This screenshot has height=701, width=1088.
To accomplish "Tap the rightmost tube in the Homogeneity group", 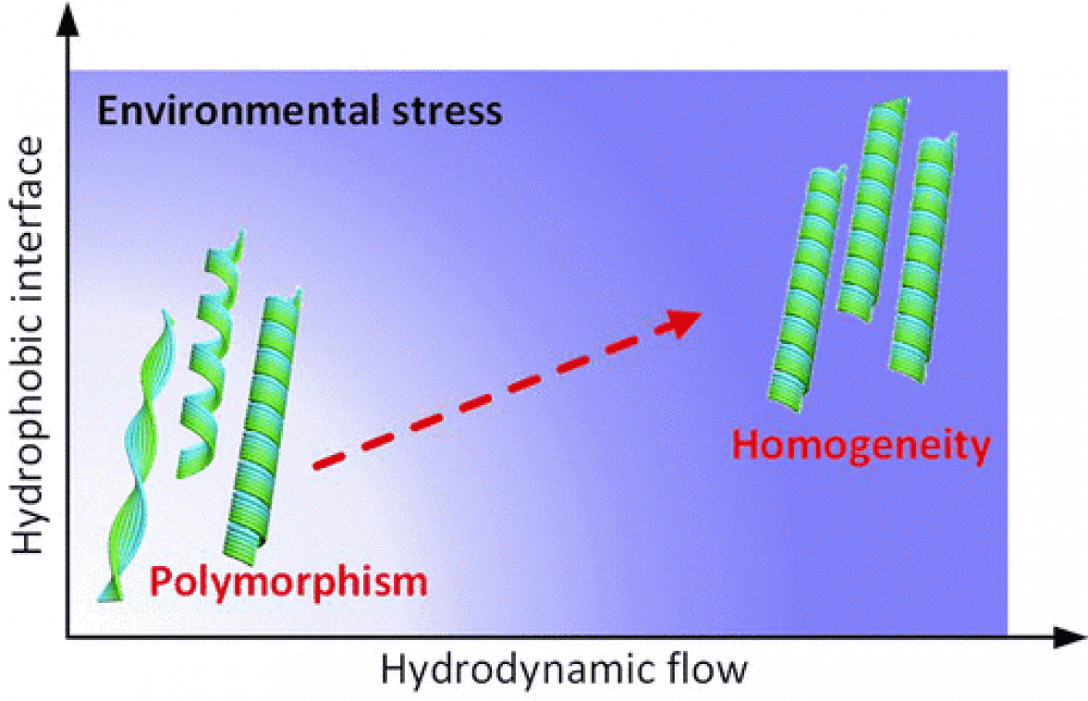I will point(924,254).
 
